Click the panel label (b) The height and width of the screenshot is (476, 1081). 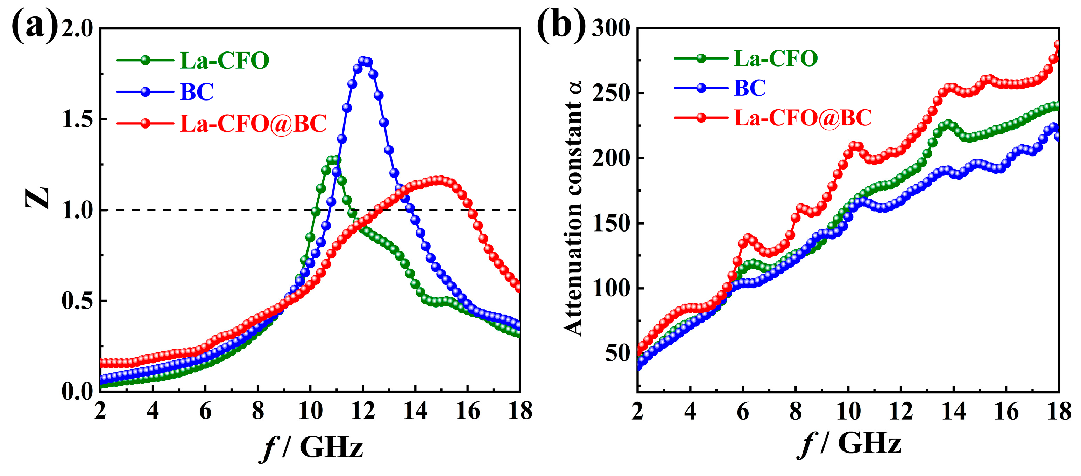[x=561, y=26]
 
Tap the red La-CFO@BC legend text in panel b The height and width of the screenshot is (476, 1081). [x=803, y=118]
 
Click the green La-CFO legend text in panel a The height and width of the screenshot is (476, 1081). [x=225, y=61]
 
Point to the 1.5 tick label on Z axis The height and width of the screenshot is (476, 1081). [x=77, y=119]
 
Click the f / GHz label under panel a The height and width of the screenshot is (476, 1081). [x=311, y=447]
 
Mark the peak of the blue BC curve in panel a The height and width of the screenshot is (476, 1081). [x=363, y=61]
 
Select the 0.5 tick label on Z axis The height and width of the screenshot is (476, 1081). [x=77, y=301]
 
